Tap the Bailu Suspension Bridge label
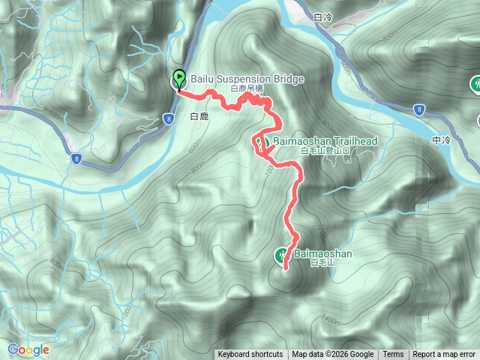pyautogui.click(x=237, y=78)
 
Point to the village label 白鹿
pyautogui.click(x=199, y=117)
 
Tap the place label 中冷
pyautogui.click(x=442, y=140)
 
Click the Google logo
pyautogui.click(x=28, y=349)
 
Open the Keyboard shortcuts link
pyautogui.click(x=250, y=355)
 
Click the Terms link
pyautogui.click(x=393, y=355)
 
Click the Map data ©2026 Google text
pyautogui.click(x=333, y=355)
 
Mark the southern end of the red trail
pyautogui.click(x=285, y=268)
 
